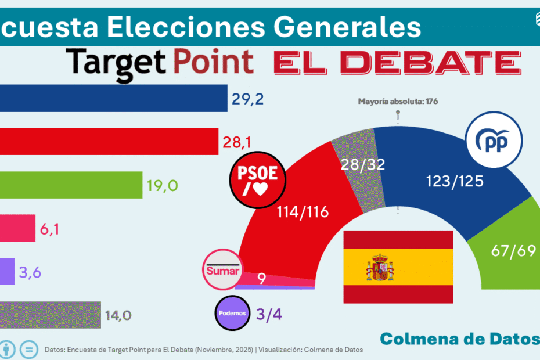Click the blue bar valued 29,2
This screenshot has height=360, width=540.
coord(113,98)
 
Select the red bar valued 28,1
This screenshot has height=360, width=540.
coord(109,142)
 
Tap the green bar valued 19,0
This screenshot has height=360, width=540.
coord(71,185)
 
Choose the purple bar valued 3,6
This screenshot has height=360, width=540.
coord(7,272)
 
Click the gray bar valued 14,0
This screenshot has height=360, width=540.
coord(51,315)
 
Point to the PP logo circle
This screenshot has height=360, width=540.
coord(494,140)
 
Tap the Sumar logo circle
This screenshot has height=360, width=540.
coord(222,271)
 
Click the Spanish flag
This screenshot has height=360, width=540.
coord(398,267)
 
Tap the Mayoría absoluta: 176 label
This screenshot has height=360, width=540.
coord(398,101)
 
